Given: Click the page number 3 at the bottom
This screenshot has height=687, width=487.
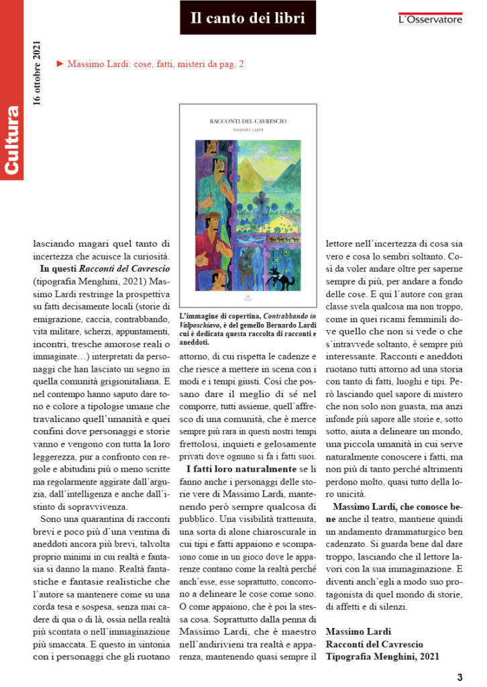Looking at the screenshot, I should pyautogui.click(x=460, y=676).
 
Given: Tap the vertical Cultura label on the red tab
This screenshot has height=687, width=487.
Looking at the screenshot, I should pyautogui.click(x=11, y=140).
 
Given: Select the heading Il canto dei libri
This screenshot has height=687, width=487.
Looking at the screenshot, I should pyautogui.click(x=248, y=18).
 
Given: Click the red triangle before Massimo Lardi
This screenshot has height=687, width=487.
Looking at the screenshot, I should pyautogui.click(x=60, y=64).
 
